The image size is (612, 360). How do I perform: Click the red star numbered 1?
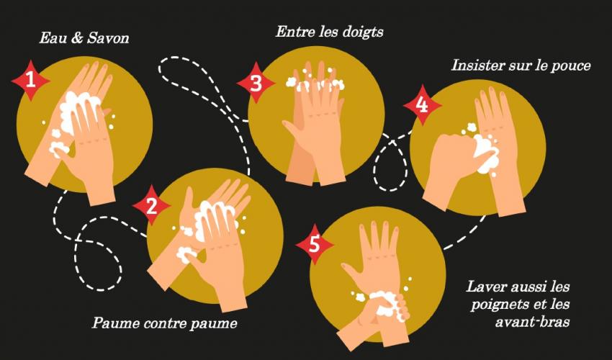[30, 81]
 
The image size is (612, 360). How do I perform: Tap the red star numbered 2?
[151, 206]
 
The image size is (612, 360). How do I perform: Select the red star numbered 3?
[256, 82]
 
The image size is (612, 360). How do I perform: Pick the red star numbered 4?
[423, 105]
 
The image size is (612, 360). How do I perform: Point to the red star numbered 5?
[315, 244]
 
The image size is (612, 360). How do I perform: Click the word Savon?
[108, 38]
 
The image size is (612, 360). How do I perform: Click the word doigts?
[362, 32]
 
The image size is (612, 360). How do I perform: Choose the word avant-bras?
[532, 322]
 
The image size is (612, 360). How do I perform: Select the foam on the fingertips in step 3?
[315, 84]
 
